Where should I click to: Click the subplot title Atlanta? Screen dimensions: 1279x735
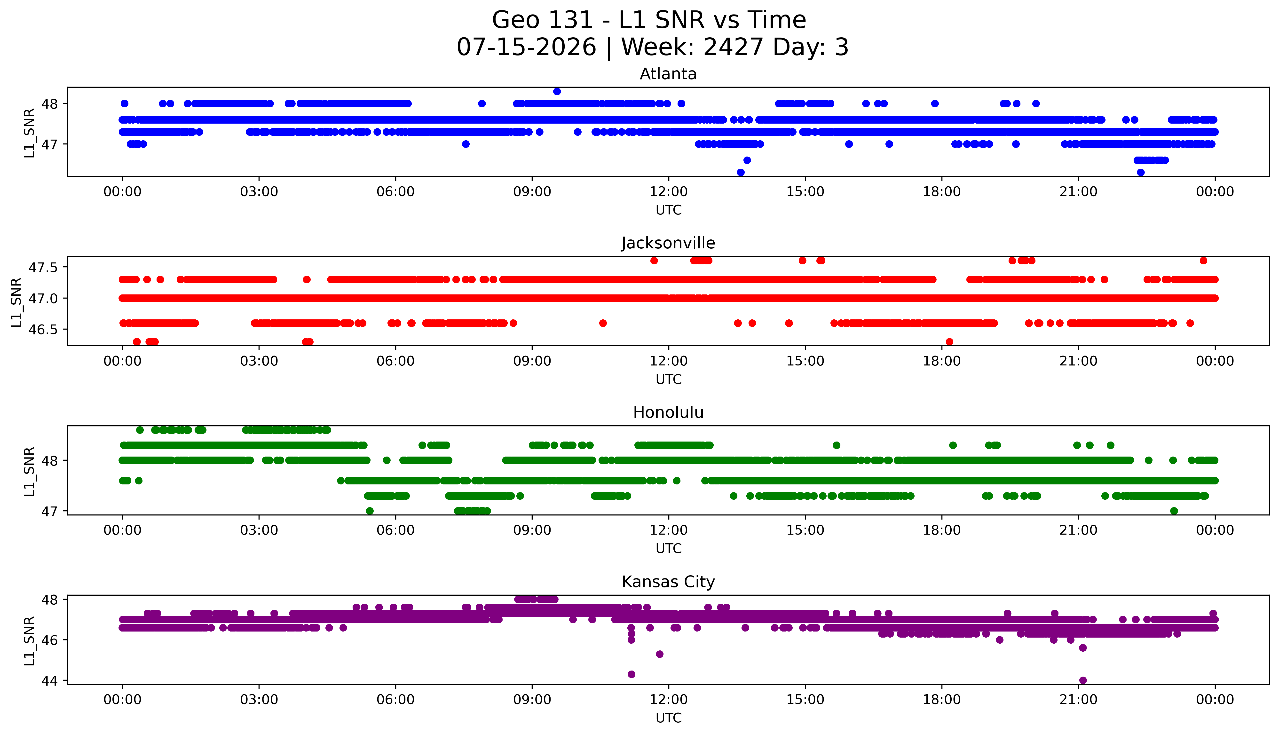coord(668,74)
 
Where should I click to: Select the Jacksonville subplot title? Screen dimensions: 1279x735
coord(668,243)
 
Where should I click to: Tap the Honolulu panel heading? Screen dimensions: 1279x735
coord(668,412)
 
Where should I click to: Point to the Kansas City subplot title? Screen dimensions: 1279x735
coord(668,582)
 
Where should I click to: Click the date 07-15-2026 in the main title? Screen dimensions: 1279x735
coord(526,47)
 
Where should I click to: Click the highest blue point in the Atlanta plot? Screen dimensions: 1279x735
coord(557,91)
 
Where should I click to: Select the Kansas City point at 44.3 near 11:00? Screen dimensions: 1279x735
coord(632,674)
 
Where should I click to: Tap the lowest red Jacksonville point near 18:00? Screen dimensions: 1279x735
coord(949,342)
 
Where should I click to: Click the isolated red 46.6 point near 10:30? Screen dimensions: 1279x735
coord(603,323)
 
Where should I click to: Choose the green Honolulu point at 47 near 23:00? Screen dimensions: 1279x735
coord(1174,511)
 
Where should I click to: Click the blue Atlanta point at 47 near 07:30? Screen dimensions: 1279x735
coord(466,144)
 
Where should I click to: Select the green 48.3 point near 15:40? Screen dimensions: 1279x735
coord(836,445)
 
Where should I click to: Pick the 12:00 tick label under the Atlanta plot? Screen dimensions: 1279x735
coord(669,192)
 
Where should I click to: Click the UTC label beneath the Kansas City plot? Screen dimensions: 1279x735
coord(669,717)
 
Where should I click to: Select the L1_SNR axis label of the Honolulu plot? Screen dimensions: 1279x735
coord(29,471)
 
